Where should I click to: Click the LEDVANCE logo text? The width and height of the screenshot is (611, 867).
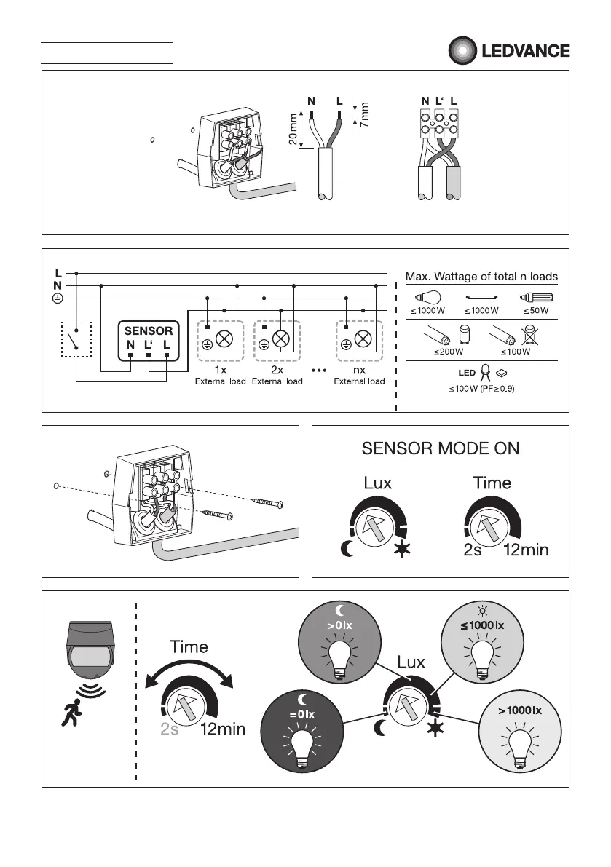tap(524, 52)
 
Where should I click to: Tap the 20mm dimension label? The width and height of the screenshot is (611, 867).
tap(293, 129)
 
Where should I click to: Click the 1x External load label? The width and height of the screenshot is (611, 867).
tap(220, 376)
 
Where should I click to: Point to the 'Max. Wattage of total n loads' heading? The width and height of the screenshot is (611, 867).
tap(481, 277)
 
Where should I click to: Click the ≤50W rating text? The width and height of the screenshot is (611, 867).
tap(536, 312)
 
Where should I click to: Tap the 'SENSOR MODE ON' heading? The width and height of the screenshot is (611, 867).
tap(441, 447)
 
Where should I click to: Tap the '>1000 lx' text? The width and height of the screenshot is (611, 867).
tap(520, 709)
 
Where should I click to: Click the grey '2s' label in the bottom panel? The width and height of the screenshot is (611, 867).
tap(170, 729)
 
